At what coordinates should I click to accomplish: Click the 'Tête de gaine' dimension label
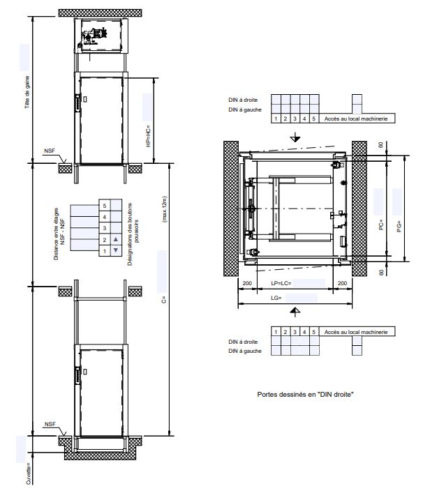tap(27, 92)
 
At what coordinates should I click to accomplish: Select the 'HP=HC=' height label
tap(148, 136)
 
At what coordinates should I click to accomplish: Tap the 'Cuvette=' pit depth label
tap(29, 473)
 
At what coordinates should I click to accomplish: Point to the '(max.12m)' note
tap(164, 210)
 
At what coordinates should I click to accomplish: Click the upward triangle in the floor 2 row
tap(116, 239)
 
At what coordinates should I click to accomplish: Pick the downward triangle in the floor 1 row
tap(116, 250)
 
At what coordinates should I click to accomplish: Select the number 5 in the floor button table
tap(105, 206)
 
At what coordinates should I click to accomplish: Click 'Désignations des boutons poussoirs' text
tap(133, 234)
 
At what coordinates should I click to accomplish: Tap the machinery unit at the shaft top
tap(94, 36)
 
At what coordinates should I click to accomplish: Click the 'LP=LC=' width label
tap(281, 283)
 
